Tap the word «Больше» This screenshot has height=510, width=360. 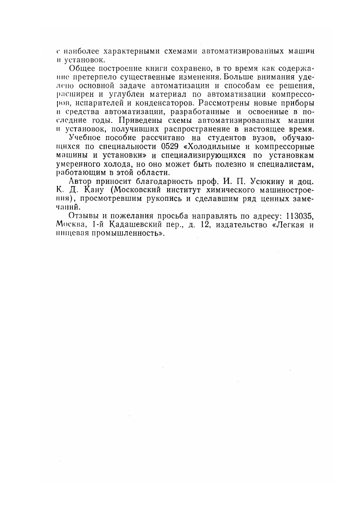[x=242, y=78]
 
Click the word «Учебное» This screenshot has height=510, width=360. [x=85, y=138]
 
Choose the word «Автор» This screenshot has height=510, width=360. [x=81, y=181]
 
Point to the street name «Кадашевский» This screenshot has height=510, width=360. [x=128, y=225]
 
